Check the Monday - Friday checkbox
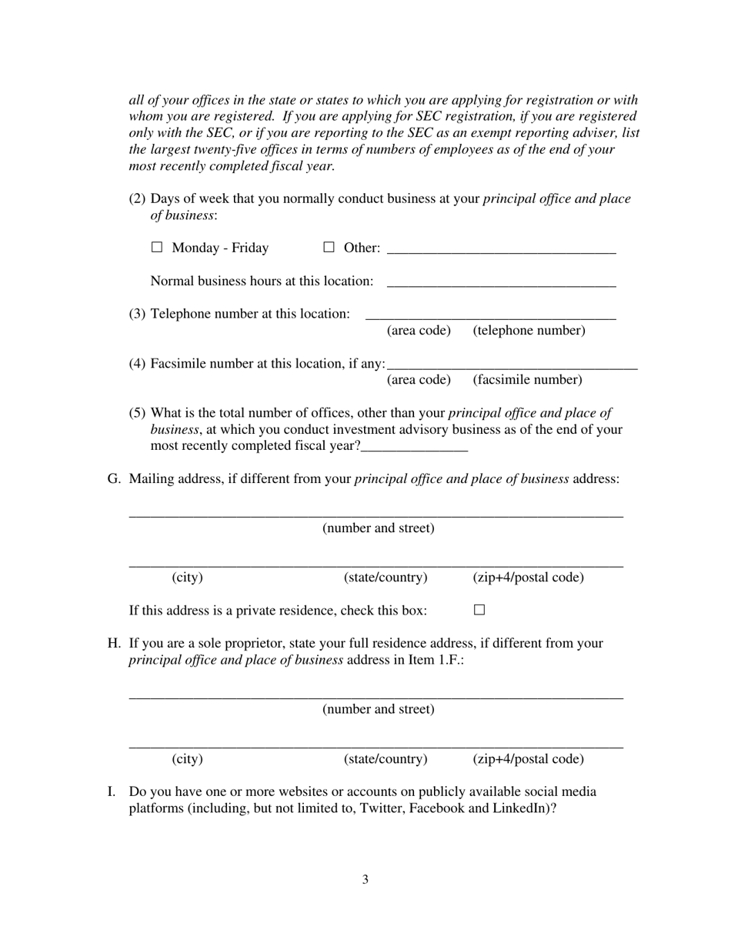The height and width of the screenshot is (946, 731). click(157, 247)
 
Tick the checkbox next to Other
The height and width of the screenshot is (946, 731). click(329, 247)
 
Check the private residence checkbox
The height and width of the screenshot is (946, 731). click(479, 610)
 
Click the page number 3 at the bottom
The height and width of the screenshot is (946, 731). click(365, 880)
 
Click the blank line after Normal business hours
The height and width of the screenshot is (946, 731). click(501, 282)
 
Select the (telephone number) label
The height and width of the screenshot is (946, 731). click(529, 331)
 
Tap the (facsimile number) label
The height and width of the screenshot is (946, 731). click(527, 380)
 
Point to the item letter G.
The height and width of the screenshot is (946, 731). click(114, 479)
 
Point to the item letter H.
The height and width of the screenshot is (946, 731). click(114, 643)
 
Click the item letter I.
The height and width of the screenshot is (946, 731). click(111, 791)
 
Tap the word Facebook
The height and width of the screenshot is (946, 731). click(437, 808)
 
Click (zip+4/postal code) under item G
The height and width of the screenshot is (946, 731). click(528, 578)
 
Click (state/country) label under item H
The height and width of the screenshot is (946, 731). click(386, 759)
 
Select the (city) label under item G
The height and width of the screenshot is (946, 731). click(187, 578)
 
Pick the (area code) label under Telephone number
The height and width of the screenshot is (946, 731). click(419, 331)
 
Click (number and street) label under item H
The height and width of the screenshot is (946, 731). click(378, 709)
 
